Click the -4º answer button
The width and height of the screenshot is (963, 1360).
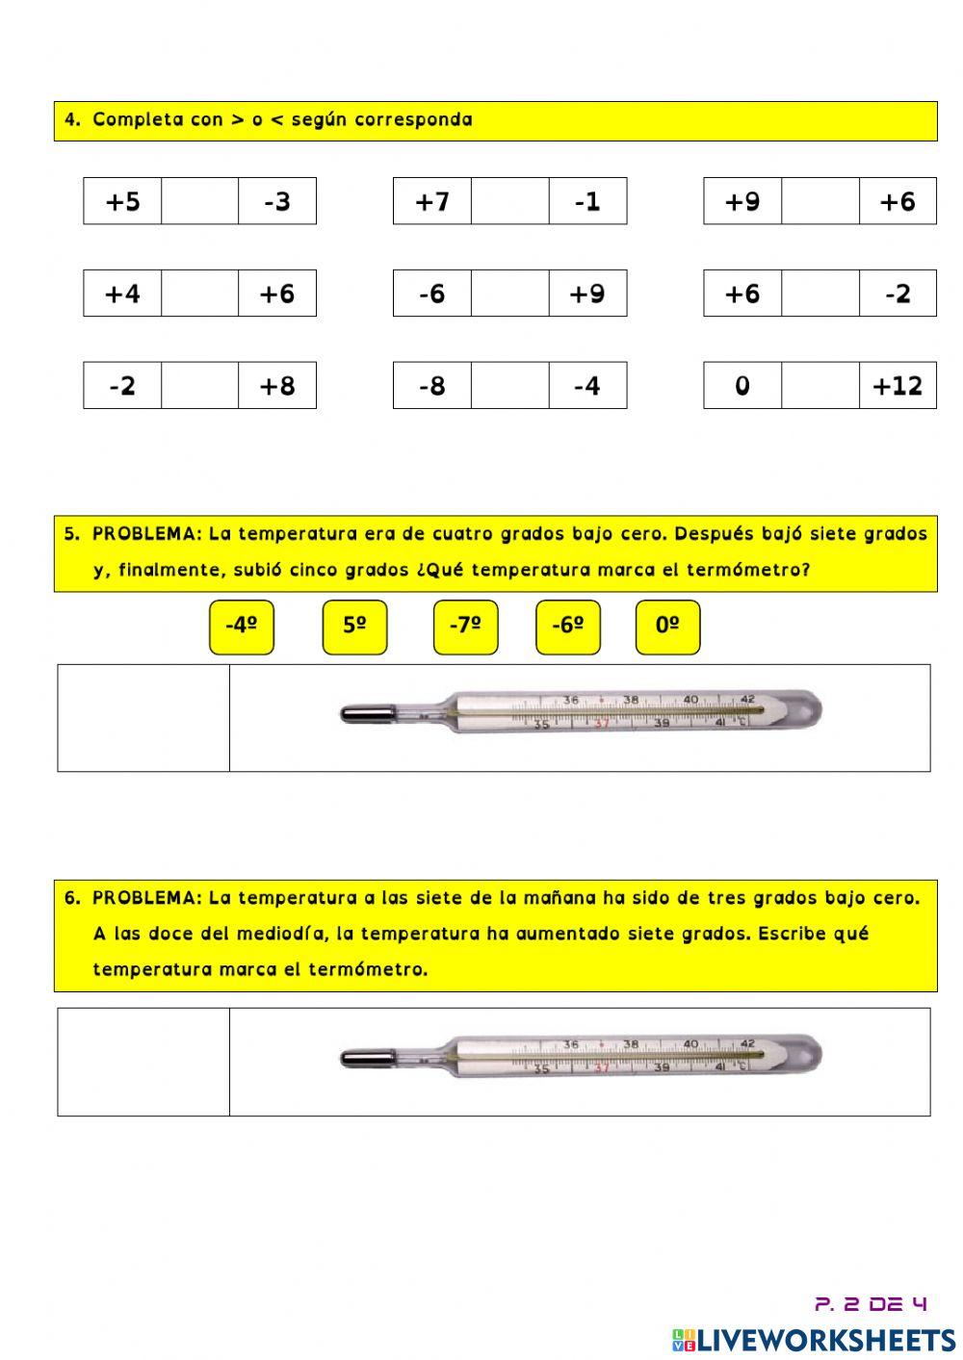point(241,627)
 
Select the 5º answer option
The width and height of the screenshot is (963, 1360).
point(354,627)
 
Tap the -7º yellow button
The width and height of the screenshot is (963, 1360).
point(465,627)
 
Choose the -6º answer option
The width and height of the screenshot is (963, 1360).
point(567,627)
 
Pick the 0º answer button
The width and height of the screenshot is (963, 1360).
point(667,627)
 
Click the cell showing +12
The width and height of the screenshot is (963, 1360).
point(898,386)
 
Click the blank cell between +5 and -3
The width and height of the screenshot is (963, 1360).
point(199,201)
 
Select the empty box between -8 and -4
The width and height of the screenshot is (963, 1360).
point(509,386)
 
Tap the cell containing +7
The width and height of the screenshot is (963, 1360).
point(432,201)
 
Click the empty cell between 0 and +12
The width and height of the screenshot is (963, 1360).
point(820,386)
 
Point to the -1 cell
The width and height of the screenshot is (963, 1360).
point(587,201)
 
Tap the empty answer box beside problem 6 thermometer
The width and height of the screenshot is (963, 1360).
point(143,1062)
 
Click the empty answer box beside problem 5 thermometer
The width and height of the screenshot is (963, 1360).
point(143,718)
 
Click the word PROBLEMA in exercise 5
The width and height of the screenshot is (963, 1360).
point(146,534)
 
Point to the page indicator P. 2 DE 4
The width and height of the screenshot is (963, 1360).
point(871,1304)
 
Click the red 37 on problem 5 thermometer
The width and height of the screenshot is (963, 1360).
point(602,724)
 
